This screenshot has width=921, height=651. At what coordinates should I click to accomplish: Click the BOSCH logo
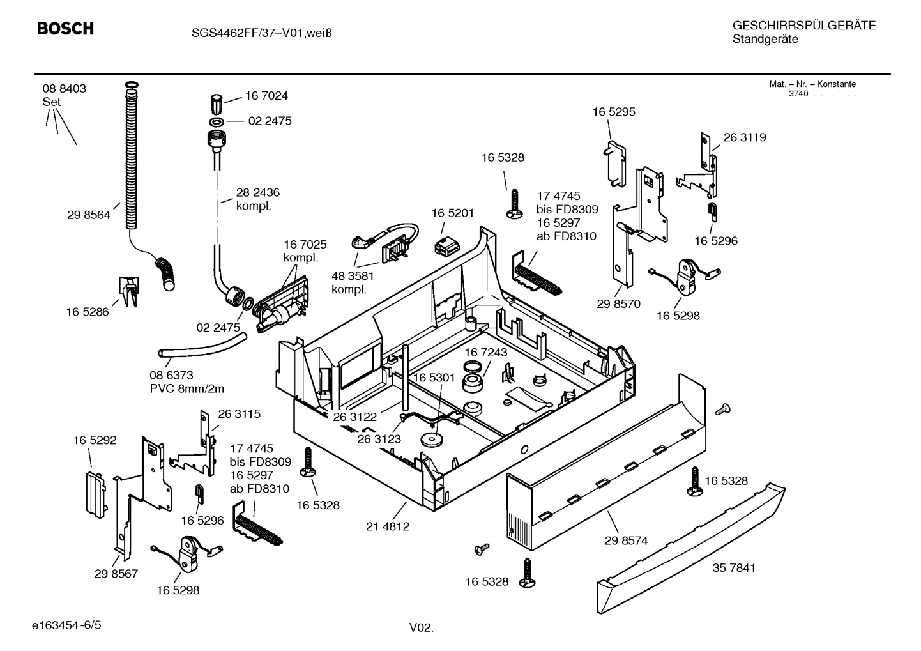point(65,29)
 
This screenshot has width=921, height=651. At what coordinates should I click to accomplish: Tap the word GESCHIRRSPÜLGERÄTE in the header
point(803,26)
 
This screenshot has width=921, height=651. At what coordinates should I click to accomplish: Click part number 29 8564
point(88,215)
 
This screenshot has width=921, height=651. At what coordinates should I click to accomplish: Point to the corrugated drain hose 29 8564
point(131,160)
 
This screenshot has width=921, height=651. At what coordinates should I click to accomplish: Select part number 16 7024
point(266,96)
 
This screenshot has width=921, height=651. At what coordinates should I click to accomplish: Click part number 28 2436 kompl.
point(257,199)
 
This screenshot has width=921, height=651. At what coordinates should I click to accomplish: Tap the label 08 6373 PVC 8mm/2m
point(186,382)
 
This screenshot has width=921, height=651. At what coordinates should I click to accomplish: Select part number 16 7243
point(485,353)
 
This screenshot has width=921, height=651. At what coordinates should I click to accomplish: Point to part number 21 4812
point(388,526)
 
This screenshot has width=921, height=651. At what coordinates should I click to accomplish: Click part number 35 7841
point(734,567)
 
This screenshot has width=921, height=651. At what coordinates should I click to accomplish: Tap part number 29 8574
point(626,540)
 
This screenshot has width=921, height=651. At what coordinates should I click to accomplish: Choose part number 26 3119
point(744,137)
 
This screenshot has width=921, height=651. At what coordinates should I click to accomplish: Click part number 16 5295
point(613,112)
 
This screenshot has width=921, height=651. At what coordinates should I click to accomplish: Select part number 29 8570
point(618,304)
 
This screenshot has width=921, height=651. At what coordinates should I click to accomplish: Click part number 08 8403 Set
point(64,95)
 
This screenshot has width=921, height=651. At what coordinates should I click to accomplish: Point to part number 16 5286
point(87,312)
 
